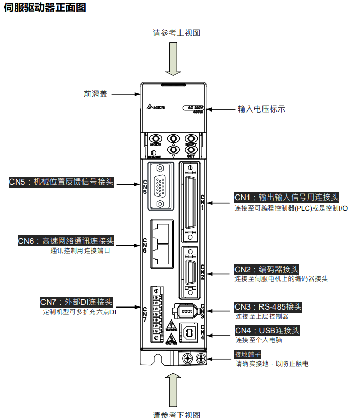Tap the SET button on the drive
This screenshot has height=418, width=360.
[x=191, y=150]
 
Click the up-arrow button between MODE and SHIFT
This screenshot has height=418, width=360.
[x=174, y=139]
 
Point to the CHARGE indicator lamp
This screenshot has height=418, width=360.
[x=154, y=152]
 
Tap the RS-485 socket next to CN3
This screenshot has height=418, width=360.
[x=187, y=312]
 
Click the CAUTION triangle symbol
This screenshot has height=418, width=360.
[x=171, y=339]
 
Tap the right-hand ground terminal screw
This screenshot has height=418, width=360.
[x=201, y=358]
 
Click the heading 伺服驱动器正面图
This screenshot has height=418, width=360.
[x=45, y=8]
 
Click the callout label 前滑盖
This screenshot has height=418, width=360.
[x=95, y=94]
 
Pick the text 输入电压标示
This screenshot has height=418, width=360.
[x=261, y=109]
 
